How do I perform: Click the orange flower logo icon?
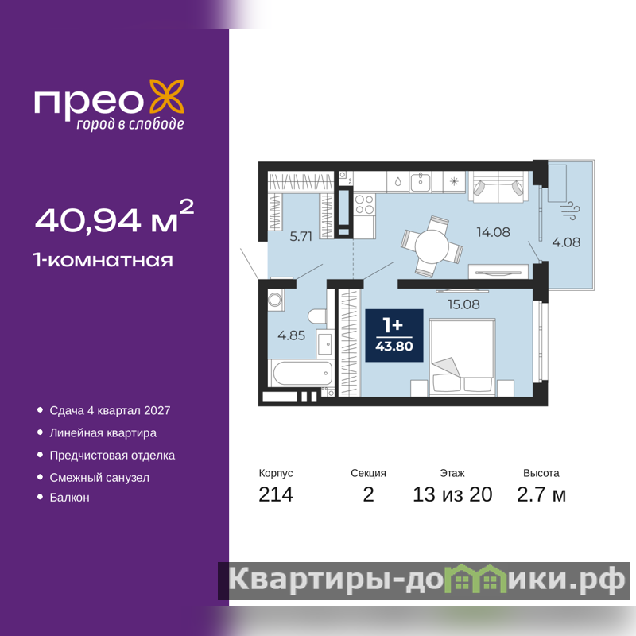point(167,96)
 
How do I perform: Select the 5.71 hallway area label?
point(301,236)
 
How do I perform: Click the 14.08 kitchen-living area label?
point(493,232)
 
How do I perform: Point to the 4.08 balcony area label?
point(566,242)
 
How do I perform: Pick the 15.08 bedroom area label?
point(463,304)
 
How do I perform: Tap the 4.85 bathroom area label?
point(291,335)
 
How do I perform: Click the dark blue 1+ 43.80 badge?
point(394,335)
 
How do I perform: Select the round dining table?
point(432,246)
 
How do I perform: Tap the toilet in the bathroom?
point(317,316)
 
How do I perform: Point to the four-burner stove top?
point(364,204)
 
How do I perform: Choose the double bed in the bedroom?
point(463,357)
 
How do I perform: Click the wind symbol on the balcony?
point(570,211)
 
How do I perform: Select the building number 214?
point(276,494)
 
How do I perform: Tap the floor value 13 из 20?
point(452,494)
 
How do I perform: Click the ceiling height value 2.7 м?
point(541,494)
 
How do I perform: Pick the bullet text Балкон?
point(69,498)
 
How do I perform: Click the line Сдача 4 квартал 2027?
point(110,410)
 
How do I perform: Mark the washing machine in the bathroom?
point(275,301)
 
